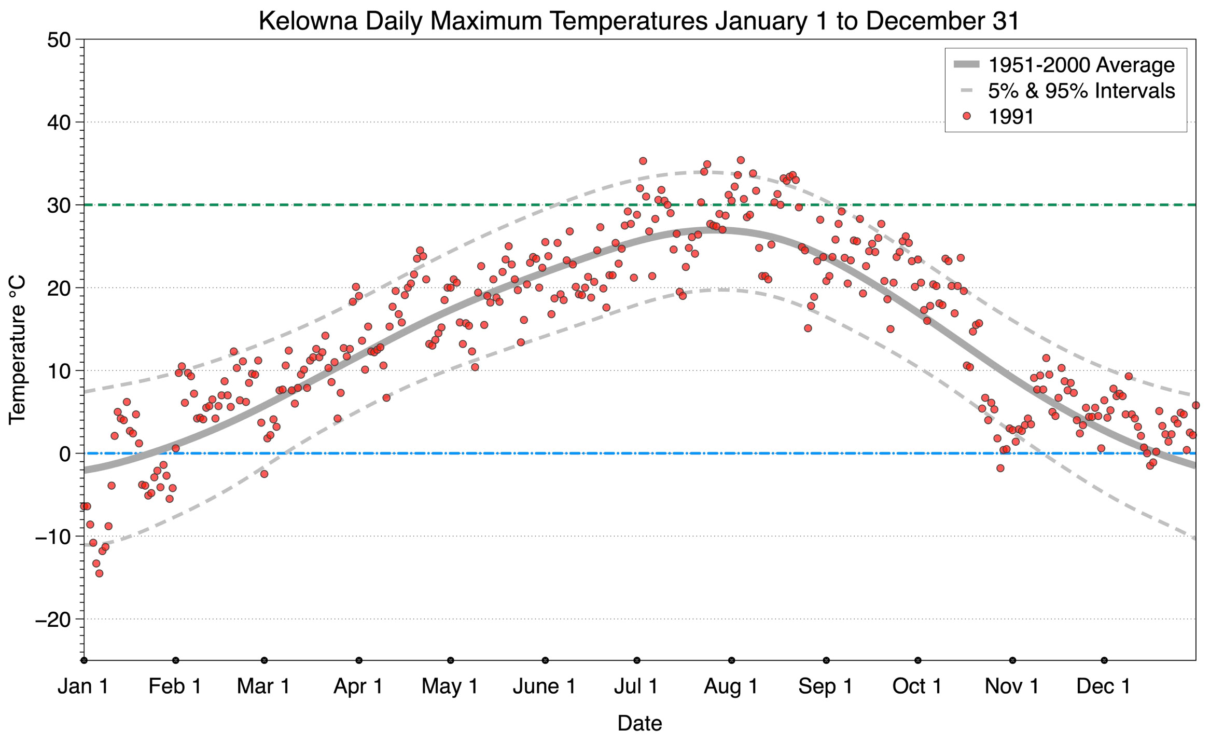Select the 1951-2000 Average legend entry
tap(1081, 65)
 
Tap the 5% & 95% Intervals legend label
tap(1081, 91)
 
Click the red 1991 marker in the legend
tap(966, 117)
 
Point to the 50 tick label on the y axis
tap(58, 40)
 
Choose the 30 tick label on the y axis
tap(58, 205)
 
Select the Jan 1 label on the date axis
tap(83, 686)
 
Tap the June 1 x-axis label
tap(544, 686)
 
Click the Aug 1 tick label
tap(730, 686)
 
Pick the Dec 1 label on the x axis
tap(1103, 686)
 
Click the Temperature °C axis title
tap(17, 350)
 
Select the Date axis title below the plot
tap(639, 723)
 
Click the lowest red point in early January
tap(99, 573)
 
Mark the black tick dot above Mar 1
tap(265, 661)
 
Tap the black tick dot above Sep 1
tap(826, 661)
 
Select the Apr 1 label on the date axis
tap(358, 686)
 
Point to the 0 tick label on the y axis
tap(65, 454)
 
